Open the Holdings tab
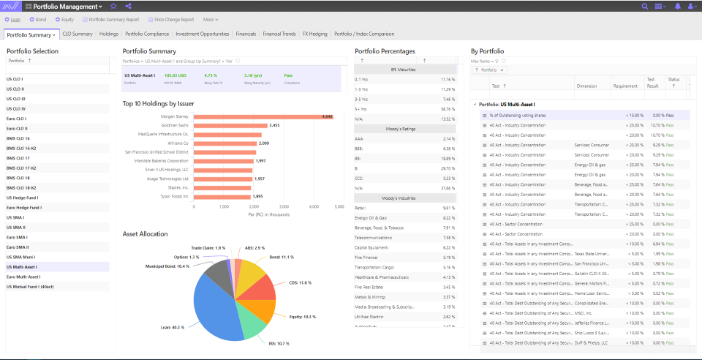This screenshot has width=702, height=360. tap(109, 34)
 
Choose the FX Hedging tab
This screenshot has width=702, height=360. tap(315, 34)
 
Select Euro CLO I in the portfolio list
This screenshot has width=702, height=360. tap(16, 118)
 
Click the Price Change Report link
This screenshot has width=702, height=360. tap(171, 19)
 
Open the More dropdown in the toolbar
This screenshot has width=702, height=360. tap(211, 19)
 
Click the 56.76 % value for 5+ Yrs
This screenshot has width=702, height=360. tap(447, 108)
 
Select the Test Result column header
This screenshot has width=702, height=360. tap(651, 82)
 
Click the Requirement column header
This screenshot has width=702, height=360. tap(625, 86)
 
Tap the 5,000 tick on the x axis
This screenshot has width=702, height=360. tap(339, 207)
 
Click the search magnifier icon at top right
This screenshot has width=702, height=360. tap(644, 6)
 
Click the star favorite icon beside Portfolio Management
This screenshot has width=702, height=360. tap(113, 6)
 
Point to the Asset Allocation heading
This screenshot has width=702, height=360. tap(145, 234)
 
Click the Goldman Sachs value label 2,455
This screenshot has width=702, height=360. tap(275, 125)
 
